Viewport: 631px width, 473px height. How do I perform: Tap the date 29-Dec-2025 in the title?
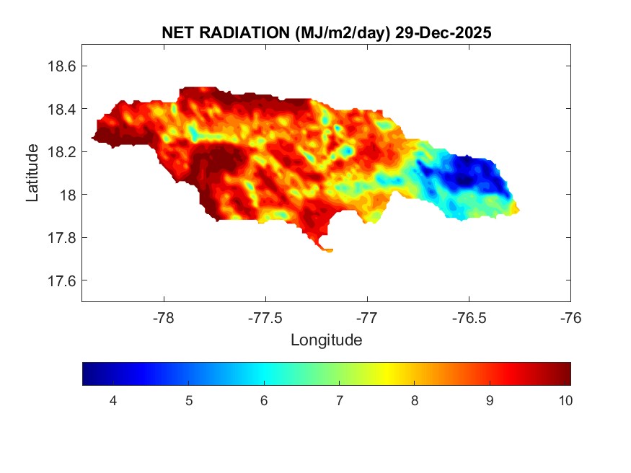tap(444, 33)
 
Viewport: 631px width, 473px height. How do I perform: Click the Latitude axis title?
tap(32, 173)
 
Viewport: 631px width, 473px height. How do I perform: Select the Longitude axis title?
tap(326, 340)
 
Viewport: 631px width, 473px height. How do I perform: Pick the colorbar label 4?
tap(113, 401)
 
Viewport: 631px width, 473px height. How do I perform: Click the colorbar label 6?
tap(264, 401)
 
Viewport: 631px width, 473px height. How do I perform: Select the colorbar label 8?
tap(415, 401)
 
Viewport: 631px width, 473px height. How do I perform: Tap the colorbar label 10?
tap(565, 401)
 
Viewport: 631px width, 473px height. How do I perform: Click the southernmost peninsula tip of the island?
tap(328, 250)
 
